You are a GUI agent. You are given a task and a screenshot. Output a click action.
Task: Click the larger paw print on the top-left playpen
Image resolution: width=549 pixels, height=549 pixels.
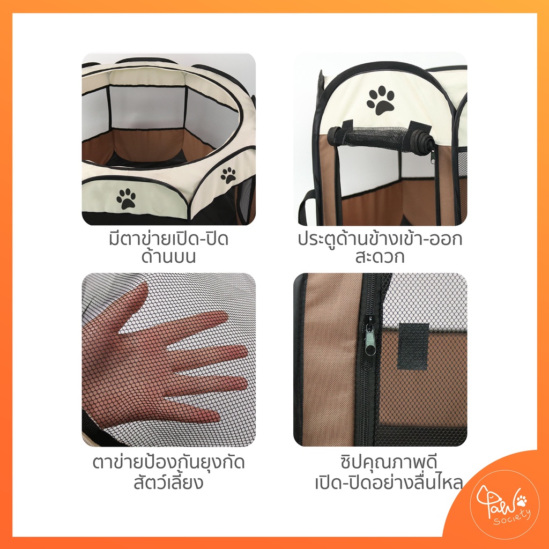(x=126, y=198)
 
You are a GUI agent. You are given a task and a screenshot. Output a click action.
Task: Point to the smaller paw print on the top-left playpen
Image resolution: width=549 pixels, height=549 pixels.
(x=228, y=175)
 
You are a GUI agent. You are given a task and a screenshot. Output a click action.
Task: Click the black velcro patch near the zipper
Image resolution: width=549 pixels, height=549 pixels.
(x=413, y=347)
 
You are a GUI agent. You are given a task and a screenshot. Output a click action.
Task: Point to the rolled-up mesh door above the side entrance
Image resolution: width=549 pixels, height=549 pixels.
(x=381, y=139)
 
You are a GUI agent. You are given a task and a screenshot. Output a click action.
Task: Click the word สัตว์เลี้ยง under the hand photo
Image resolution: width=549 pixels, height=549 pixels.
(x=168, y=481)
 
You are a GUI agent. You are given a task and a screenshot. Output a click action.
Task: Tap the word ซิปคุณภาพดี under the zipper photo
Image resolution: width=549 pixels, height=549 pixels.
(x=389, y=463)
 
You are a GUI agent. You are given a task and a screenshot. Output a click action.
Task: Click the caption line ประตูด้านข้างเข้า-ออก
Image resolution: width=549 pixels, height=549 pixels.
(x=380, y=239)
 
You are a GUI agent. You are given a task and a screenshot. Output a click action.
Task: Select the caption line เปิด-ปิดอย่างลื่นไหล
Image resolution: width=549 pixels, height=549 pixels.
(x=389, y=483)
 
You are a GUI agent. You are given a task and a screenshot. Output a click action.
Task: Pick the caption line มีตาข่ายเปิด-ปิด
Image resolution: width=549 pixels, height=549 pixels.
(x=168, y=239)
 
